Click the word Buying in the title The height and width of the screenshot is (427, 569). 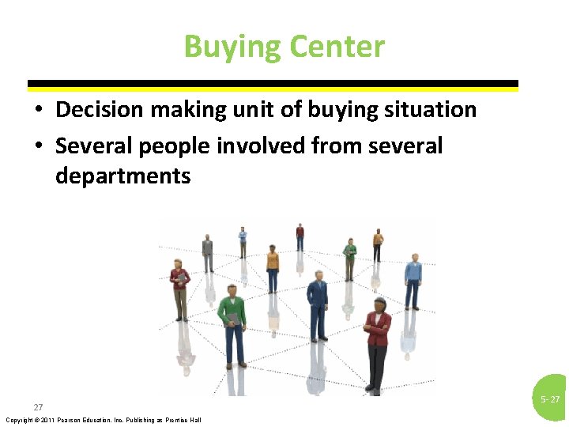point(232,47)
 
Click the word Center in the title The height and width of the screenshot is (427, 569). point(337,47)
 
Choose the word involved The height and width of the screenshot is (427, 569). point(258,145)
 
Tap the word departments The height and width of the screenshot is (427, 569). point(123,175)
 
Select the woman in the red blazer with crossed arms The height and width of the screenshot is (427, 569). point(377,340)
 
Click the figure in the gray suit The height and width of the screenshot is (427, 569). point(208,254)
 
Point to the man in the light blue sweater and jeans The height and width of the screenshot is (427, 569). point(413,281)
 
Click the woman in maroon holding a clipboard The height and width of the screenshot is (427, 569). point(181,288)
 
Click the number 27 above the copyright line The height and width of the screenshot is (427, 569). point(38,406)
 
